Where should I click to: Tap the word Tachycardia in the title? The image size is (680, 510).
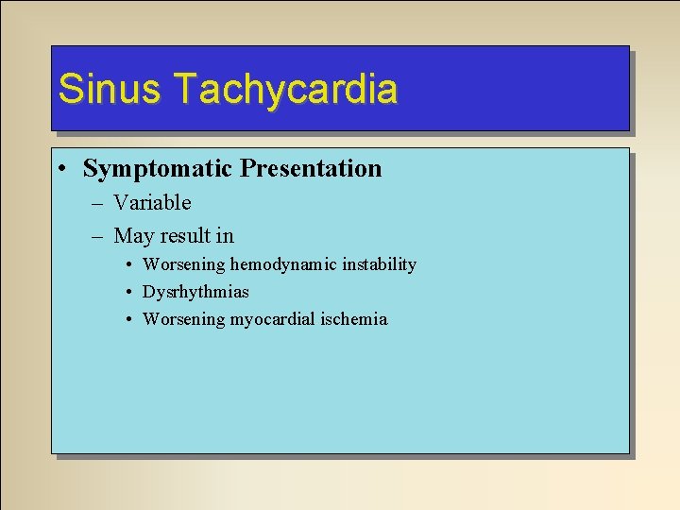click(285, 89)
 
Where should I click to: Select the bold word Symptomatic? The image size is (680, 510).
click(158, 169)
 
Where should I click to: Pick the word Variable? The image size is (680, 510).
click(152, 203)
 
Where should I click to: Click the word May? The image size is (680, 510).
click(132, 236)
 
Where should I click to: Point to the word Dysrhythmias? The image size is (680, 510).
click(195, 292)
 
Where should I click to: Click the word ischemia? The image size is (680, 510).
click(353, 319)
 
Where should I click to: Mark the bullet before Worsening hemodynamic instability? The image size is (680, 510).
click(127, 265)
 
